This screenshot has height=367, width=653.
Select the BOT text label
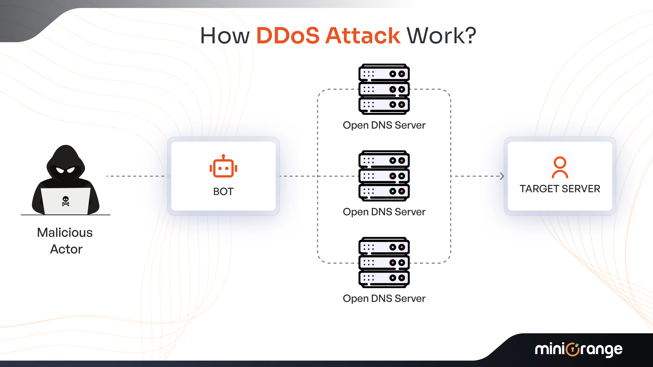click(x=223, y=191)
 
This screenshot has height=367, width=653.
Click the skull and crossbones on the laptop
click(x=66, y=201)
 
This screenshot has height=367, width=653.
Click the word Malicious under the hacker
click(x=65, y=232)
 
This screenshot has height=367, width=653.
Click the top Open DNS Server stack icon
click(x=384, y=89)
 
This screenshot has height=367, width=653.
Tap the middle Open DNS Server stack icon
click(x=384, y=176)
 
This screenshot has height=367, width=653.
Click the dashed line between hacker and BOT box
click(x=137, y=176)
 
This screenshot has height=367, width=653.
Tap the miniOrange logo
click(x=579, y=349)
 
